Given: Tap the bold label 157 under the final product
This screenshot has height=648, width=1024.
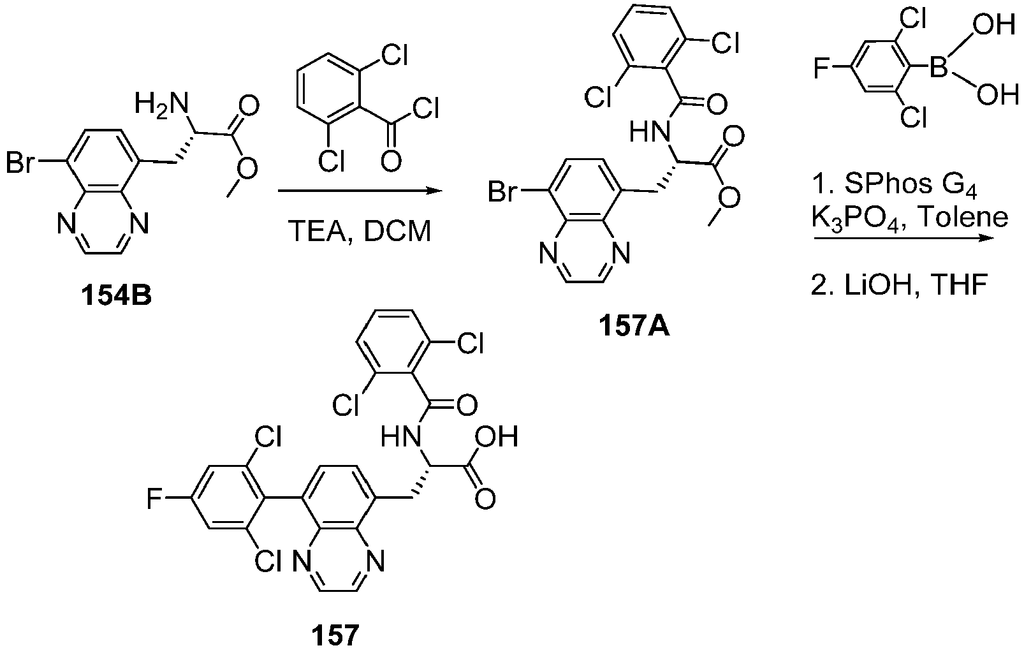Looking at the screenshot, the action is (x=335, y=634).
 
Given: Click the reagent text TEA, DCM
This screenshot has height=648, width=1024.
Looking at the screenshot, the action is (x=360, y=231).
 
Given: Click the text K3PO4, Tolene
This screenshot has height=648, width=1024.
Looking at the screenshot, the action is (x=910, y=218).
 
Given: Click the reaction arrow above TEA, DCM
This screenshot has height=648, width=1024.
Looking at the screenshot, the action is (x=360, y=191).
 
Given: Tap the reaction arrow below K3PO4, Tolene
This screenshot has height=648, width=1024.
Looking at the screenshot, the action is (x=904, y=239).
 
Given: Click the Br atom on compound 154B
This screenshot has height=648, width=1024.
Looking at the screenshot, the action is (x=20, y=162).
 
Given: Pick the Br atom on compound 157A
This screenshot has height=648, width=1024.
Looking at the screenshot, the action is (x=502, y=191).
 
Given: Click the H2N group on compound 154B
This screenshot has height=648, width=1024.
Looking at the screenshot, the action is (x=161, y=104).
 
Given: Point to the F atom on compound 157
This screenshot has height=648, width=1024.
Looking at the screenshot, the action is (x=155, y=499).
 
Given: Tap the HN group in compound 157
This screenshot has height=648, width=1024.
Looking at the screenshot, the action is (x=401, y=436).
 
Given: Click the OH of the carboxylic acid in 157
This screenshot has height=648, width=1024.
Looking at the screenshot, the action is (x=497, y=436).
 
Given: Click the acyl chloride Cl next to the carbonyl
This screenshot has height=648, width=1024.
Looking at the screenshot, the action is (x=425, y=109).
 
